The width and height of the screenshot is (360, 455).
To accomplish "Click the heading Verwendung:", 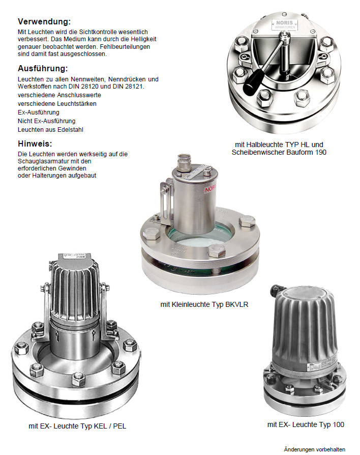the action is coord(44,21).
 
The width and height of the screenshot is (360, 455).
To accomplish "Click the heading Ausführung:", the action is coord(43,69).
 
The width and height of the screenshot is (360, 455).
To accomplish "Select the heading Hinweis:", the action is coord(35,144).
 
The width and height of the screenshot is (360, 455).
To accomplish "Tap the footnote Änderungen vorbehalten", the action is coord(315,449).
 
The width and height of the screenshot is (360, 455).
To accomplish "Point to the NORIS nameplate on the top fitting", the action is coord(284,24).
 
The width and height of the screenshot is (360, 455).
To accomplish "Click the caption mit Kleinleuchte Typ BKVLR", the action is coord(204,304).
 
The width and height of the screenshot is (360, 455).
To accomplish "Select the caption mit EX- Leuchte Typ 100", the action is coord(306,424).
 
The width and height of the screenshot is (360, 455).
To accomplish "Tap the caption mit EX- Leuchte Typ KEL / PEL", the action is coord(77,426).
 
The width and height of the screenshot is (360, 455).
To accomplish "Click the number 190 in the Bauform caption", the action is coord(320,152).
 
